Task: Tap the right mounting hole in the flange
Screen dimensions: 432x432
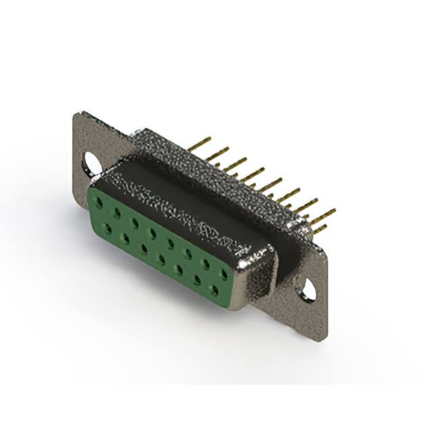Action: (x=308, y=288)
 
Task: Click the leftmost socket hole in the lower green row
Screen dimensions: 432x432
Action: (x=107, y=230)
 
